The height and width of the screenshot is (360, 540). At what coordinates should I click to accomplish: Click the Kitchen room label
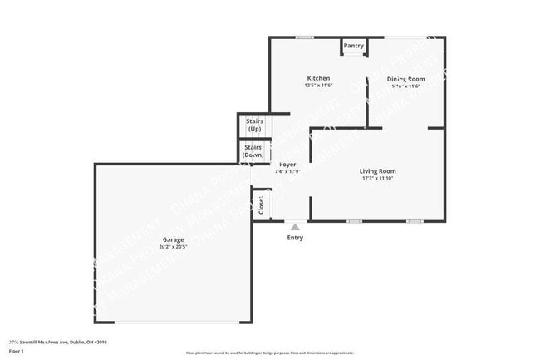click(x=317, y=78)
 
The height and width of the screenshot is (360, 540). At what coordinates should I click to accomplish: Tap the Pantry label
click(x=354, y=46)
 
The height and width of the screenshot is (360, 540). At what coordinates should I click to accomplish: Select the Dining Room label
click(x=406, y=79)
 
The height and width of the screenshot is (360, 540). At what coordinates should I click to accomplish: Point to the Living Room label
click(x=377, y=170)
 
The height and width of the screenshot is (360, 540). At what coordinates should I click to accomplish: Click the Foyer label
click(x=288, y=165)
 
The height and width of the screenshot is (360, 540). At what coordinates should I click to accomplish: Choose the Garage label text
click(x=173, y=240)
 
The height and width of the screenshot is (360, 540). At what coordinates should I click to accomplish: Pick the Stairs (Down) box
click(x=254, y=151)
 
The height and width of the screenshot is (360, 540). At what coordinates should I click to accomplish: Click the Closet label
click(x=261, y=204)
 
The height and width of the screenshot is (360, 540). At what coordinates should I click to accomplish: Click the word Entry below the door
click(x=295, y=238)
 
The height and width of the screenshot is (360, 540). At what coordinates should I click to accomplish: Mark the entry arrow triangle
click(x=295, y=225)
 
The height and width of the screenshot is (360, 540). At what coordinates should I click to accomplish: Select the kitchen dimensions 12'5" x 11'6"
click(x=318, y=86)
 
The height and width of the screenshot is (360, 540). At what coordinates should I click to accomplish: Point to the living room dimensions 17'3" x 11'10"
click(x=377, y=178)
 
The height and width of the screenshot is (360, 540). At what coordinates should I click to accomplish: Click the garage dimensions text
click(x=173, y=247)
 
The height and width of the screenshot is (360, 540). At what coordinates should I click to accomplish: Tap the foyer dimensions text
click(x=288, y=172)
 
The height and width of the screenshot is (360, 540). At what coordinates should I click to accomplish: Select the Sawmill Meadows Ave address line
click(x=57, y=342)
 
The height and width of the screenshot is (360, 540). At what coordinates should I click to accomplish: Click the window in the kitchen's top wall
click(x=305, y=37)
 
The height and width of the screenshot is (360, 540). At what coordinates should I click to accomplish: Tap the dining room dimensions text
click(x=405, y=86)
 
